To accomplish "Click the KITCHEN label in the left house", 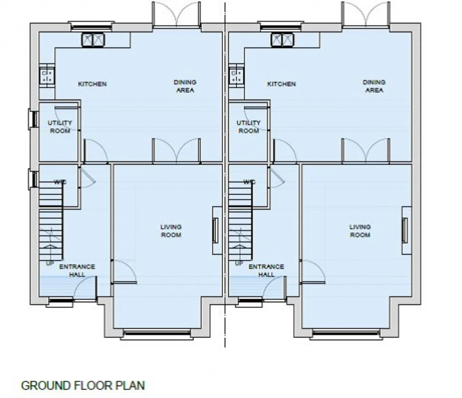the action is tap(92, 84).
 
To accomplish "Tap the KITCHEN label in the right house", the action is tap(282, 84).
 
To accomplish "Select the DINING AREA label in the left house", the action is tap(185, 86).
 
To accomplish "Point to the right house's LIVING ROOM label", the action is tap(360, 231).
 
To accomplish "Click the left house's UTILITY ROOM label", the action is tap(60, 127).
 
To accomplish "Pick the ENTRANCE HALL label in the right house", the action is tap(266, 270).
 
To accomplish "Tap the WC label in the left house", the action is tap(60, 182).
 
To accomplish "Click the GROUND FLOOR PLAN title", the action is tap(83, 385).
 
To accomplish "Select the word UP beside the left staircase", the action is tap(50, 264).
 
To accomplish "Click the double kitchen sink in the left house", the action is tap(93, 40).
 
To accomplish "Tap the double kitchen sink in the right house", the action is tap(283, 40).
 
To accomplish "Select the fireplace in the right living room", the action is tap(407, 230).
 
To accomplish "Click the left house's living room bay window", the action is tap(157, 334).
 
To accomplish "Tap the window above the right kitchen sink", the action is tap(281, 26).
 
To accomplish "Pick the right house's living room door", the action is tap(313, 272).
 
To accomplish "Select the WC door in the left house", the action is tap(87, 177).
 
